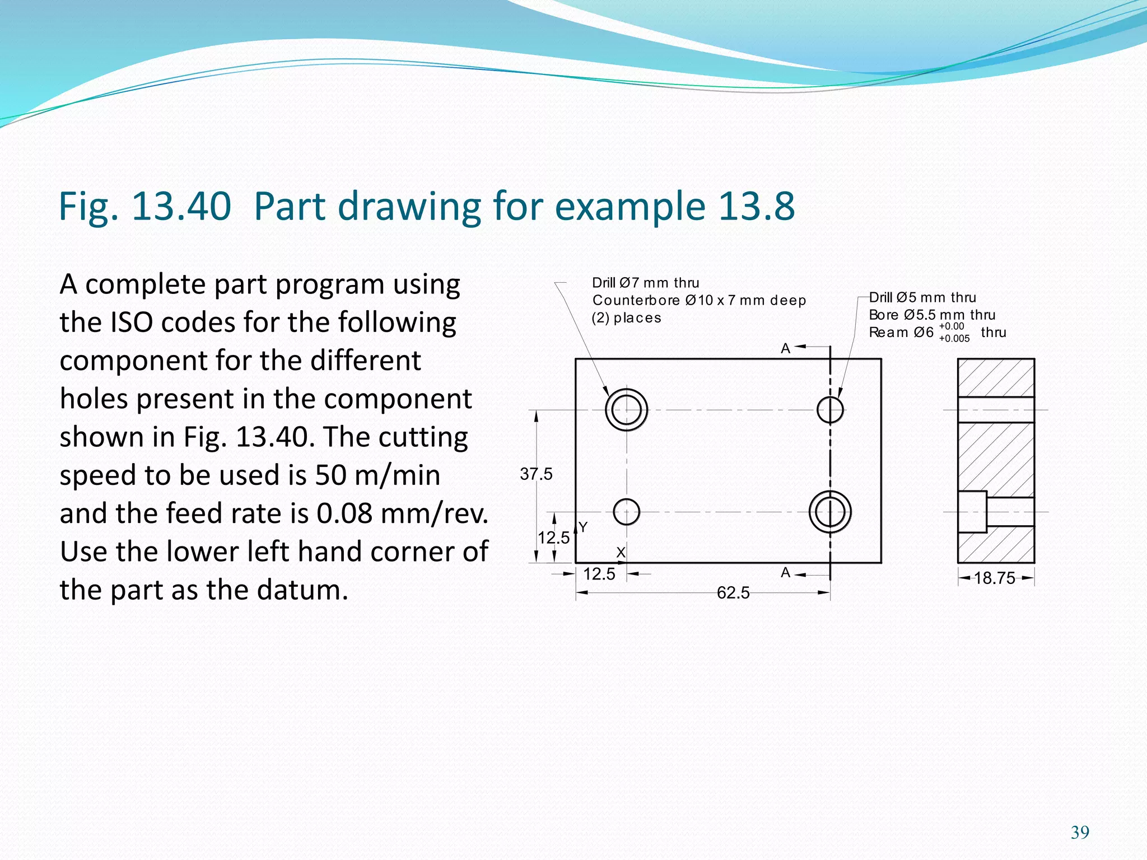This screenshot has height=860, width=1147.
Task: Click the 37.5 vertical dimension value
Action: coord(536,474)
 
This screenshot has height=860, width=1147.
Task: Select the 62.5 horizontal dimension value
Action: coord(733,593)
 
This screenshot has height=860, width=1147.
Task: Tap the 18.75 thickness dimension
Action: coord(994,578)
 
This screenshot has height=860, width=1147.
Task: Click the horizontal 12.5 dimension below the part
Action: coord(599,574)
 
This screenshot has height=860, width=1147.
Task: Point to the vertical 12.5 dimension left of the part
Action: coord(553,538)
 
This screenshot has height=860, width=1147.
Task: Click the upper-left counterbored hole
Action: coord(626,410)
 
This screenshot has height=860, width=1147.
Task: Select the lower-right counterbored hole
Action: coord(830,512)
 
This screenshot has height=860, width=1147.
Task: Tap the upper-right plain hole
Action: coord(830,410)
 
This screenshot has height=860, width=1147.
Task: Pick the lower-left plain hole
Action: coord(626,512)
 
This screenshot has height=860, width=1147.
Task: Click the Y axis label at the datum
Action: coord(583,527)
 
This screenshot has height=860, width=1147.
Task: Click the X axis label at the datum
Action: coord(621,553)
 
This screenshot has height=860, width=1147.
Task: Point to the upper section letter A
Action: coord(785,349)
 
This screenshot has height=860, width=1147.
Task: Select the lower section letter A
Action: coord(785,573)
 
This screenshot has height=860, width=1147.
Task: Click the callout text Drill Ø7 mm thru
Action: coord(645,283)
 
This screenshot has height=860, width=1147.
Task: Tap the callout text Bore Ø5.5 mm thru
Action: coord(931,315)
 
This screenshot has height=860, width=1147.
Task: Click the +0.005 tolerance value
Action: coord(954,339)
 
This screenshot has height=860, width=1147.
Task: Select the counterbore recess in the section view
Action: coord(972,512)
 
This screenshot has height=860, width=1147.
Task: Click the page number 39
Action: coord(1080,833)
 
